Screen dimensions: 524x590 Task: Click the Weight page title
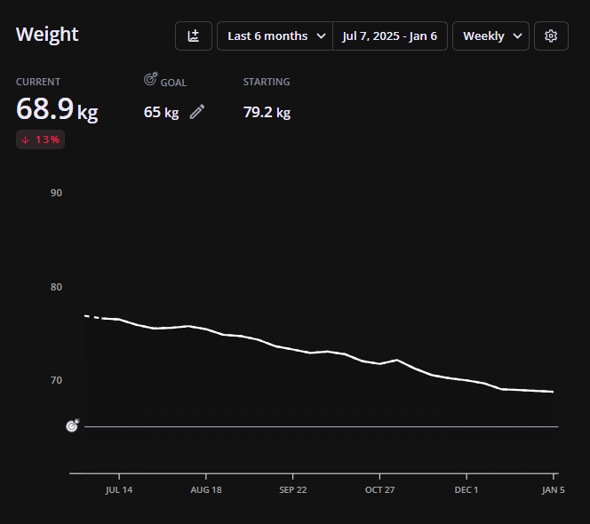pos(47,35)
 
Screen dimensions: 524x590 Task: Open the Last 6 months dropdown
pos(275,36)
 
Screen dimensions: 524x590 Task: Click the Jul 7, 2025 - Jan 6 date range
pos(390,36)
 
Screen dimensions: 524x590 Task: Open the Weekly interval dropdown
pos(490,36)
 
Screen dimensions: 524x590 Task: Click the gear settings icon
pos(551,36)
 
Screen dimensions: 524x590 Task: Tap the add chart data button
pos(194,36)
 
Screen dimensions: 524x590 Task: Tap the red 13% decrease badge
pos(40,139)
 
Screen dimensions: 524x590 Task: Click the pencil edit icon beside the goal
pos(197,112)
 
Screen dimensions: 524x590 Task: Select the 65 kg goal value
pos(161,113)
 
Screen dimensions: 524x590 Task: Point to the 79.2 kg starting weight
pos(267,113)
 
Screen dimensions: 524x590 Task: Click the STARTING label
pos(267,82)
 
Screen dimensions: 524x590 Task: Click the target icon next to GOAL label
pos(150,80)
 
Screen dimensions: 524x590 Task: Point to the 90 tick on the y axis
pos(56,193)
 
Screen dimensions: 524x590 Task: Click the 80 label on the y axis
pos(56,287)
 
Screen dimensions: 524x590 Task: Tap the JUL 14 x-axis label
pos(119,489)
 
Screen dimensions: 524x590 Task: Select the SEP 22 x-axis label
pos(292,489)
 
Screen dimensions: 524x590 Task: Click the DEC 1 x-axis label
pos(466,489)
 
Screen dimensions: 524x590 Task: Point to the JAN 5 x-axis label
pos(553,489)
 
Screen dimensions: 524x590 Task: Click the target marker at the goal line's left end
pos(73,426)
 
